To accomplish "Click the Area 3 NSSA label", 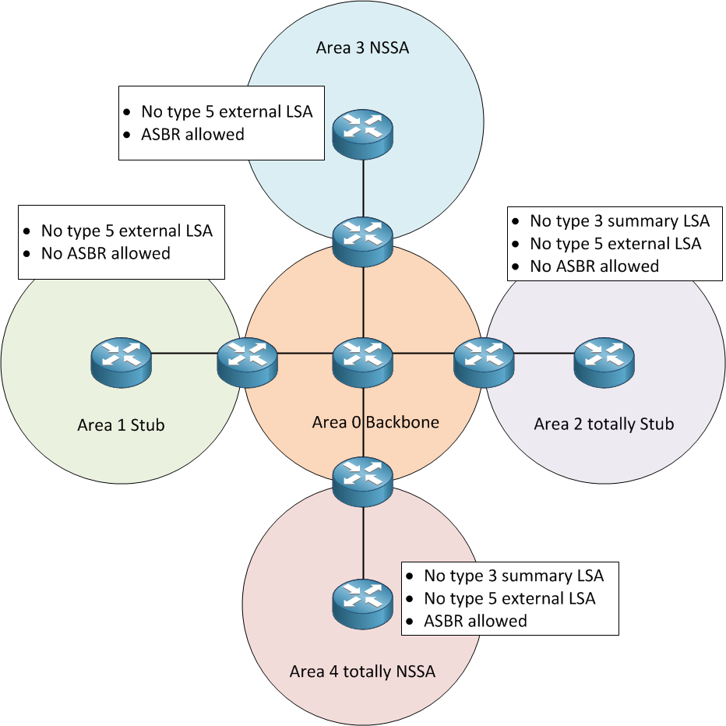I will [362, 48].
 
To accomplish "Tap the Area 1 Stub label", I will [121, 425].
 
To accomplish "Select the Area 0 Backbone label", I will [375, 422].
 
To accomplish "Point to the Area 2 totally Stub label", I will [604, 425].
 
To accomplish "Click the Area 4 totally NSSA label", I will [362, 671].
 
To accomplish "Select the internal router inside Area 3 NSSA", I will [363, 133].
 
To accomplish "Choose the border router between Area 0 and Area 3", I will [363, 241].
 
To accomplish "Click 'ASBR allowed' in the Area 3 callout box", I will [192, 135].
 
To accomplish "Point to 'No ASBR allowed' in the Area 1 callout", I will [105, 253].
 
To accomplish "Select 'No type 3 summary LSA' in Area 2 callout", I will [619, 221].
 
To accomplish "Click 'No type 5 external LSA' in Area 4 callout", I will [509, 598].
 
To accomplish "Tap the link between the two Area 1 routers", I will [184, 353].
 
